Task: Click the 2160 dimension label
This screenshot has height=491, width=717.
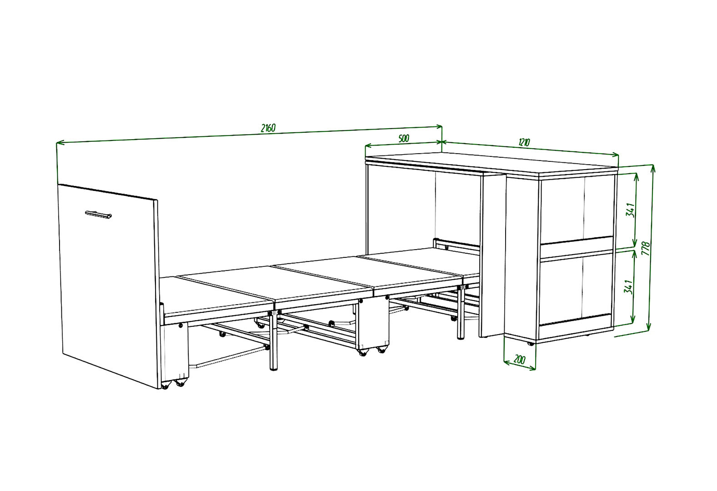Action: (x=268, y=128)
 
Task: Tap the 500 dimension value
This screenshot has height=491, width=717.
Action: (x=404, y=138)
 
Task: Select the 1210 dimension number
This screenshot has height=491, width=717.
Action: (x=524, y=142)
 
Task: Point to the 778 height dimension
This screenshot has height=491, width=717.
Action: (x=646, y=248)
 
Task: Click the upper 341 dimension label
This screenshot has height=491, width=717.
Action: (x=630, y=210)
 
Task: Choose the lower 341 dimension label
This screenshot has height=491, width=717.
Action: (x=628, y=287)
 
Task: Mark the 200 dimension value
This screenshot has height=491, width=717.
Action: (x=519, y=360)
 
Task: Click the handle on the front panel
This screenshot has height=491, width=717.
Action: (x=98, y=215)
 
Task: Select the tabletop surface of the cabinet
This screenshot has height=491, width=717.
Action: (x=491, y=164)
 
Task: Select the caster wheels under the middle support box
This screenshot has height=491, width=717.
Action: (x=371, y=351)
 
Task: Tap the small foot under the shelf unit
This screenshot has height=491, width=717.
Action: (x=530, y=344)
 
